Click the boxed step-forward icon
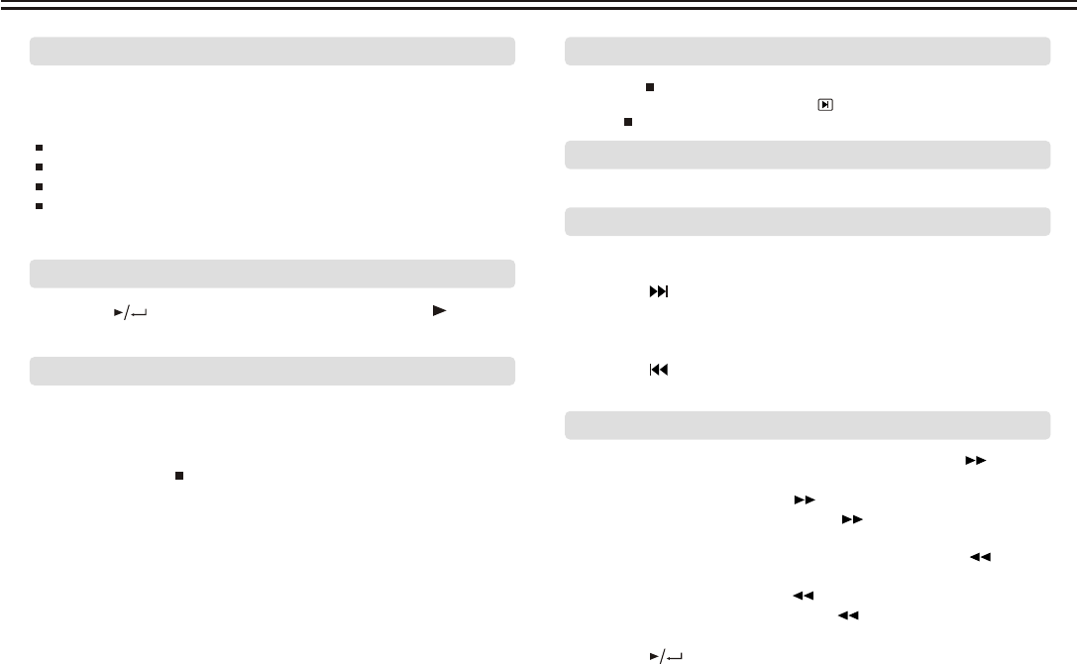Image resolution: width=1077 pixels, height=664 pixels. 823,103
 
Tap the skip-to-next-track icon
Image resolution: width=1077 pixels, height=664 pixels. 659,293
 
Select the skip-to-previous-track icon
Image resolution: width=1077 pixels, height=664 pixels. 659,370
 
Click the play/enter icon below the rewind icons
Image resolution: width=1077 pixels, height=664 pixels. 667,654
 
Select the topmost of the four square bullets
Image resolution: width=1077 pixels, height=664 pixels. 37,148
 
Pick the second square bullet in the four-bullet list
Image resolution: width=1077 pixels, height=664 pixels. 37,166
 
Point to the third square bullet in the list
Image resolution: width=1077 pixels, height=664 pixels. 37,185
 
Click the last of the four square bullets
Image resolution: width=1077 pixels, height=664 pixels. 37,204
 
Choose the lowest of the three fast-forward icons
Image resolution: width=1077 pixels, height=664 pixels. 850,519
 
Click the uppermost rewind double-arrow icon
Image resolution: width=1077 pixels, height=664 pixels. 981,558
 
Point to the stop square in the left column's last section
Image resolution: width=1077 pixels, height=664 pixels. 179,476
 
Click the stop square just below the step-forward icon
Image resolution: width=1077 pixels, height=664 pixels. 628,121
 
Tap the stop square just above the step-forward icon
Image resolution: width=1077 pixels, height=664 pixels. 650,86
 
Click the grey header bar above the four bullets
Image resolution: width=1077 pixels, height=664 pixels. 272,51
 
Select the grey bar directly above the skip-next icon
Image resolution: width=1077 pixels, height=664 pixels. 808,222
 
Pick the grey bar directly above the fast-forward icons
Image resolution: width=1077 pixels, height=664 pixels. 808,425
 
